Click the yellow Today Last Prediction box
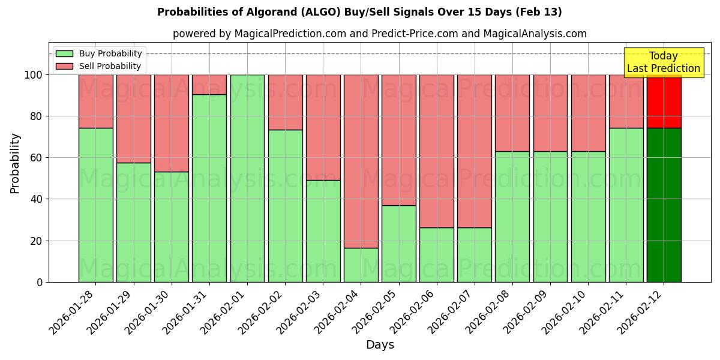tap(664, 62)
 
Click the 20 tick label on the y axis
tap(37, 241)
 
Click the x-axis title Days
tap(380, 345)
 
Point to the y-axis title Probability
tap(15, 163)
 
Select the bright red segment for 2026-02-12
tap(664, 101)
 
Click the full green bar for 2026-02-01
tap(247, 178)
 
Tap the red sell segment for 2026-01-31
tap(209, 85)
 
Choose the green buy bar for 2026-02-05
tap(398, 244)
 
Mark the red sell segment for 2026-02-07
tap(474, 151)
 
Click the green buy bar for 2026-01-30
tap(172, 227)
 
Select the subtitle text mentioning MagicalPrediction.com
tap(380, 34)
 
